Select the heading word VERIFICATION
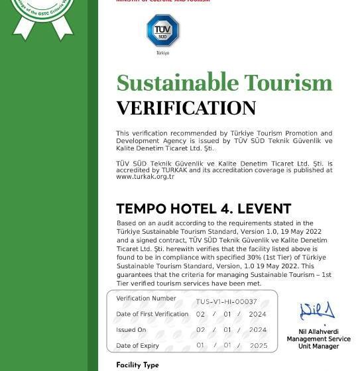tap(186, 108)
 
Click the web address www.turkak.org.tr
tap(145, 177)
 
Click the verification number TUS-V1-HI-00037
tap(226, 301)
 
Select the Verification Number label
tap(146, 299)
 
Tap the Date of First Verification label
tap(152, 314)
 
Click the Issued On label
tap(131, 330)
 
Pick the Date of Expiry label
tap(137, 346)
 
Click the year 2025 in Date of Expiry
tap(258, 346)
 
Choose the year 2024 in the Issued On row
tap(258, 330)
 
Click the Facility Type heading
tap(137, 365)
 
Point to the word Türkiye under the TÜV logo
tap(162, 53)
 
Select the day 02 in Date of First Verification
tap(200, 314)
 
